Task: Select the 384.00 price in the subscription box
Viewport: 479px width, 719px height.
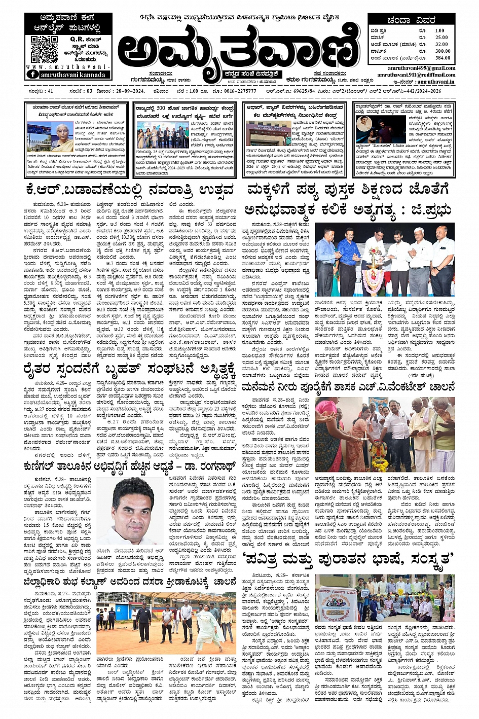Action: pos(442,58)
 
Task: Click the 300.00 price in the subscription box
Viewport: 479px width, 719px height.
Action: pos(442,51)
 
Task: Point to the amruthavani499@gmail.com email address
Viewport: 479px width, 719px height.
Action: pos(421,67)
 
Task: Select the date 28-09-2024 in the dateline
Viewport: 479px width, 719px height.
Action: pos(126,91)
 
